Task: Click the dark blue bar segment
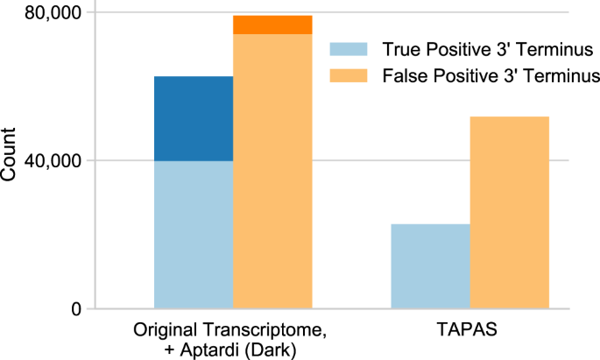[194, 118]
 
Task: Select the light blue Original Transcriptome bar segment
[194, 235]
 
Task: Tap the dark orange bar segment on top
[272, 25]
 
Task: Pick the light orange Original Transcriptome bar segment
[272, 171]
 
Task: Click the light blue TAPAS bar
[430, 266]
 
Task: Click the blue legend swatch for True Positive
[345, 48]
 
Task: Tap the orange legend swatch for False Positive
[345, 75]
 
